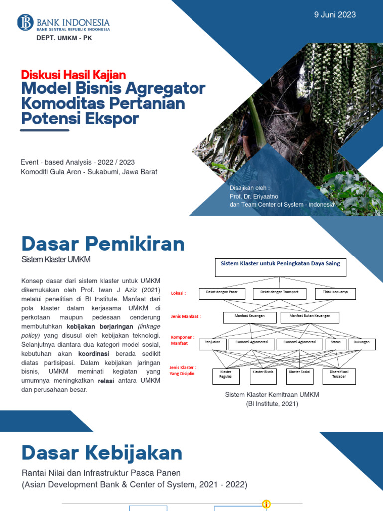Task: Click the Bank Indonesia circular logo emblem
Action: [25, 22]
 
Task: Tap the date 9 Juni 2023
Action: [335, 15]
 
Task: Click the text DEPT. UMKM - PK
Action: [64, 38]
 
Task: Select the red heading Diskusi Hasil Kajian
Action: [73, 75]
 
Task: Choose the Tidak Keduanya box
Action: [335, 293]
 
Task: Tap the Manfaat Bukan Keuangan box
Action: [310, 317]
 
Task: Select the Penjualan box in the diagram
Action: [213, 344]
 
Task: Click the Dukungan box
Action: [361, 344]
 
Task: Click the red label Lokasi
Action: [178, 293]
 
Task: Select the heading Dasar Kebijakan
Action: [102, 453]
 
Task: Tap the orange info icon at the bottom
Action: [266, 504]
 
